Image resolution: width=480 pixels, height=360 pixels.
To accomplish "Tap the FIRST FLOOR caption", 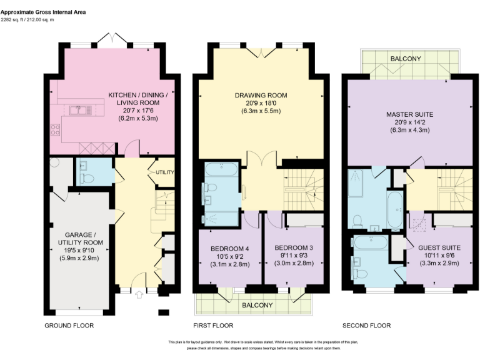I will pyautogui.click(x=213, y=326).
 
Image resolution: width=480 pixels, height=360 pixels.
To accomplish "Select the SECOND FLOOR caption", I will pyautogui.click(x=366, y=326).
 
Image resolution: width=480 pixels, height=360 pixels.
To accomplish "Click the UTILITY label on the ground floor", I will pyautogui.click(x=165, y=172).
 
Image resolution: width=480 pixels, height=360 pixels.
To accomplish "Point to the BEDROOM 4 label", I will pyautogui.click(x=227, y=248).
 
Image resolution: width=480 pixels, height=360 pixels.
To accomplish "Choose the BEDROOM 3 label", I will pyautogui.click(x=294, y=248).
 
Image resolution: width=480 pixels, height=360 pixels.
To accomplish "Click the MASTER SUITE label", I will pyautogui.click(x=409, y=114).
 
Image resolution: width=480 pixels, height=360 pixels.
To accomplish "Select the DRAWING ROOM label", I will pyautogui.click(x=261, y=95).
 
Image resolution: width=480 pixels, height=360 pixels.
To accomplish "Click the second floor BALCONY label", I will pyautogui.click(x=406, y=59).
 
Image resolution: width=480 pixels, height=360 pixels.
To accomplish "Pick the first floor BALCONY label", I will pyautogui.click(x=257, y=305).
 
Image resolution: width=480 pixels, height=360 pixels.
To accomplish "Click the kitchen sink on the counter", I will pyautogui.click(x=79, y=111).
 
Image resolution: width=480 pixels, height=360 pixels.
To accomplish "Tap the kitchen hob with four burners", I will pyautogui.click(x=55, y=131).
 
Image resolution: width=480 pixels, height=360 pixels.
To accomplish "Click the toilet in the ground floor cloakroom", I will pyautogui.click(x=87, y=178).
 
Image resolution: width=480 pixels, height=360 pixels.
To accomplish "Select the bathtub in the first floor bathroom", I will pyautogui.click(x=221, y=169).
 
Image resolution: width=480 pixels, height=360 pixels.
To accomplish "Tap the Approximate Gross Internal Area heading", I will pyautogui.click(x=43, y=12).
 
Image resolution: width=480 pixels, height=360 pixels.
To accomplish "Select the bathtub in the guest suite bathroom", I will pyautogui.click(x=372, y=241).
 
